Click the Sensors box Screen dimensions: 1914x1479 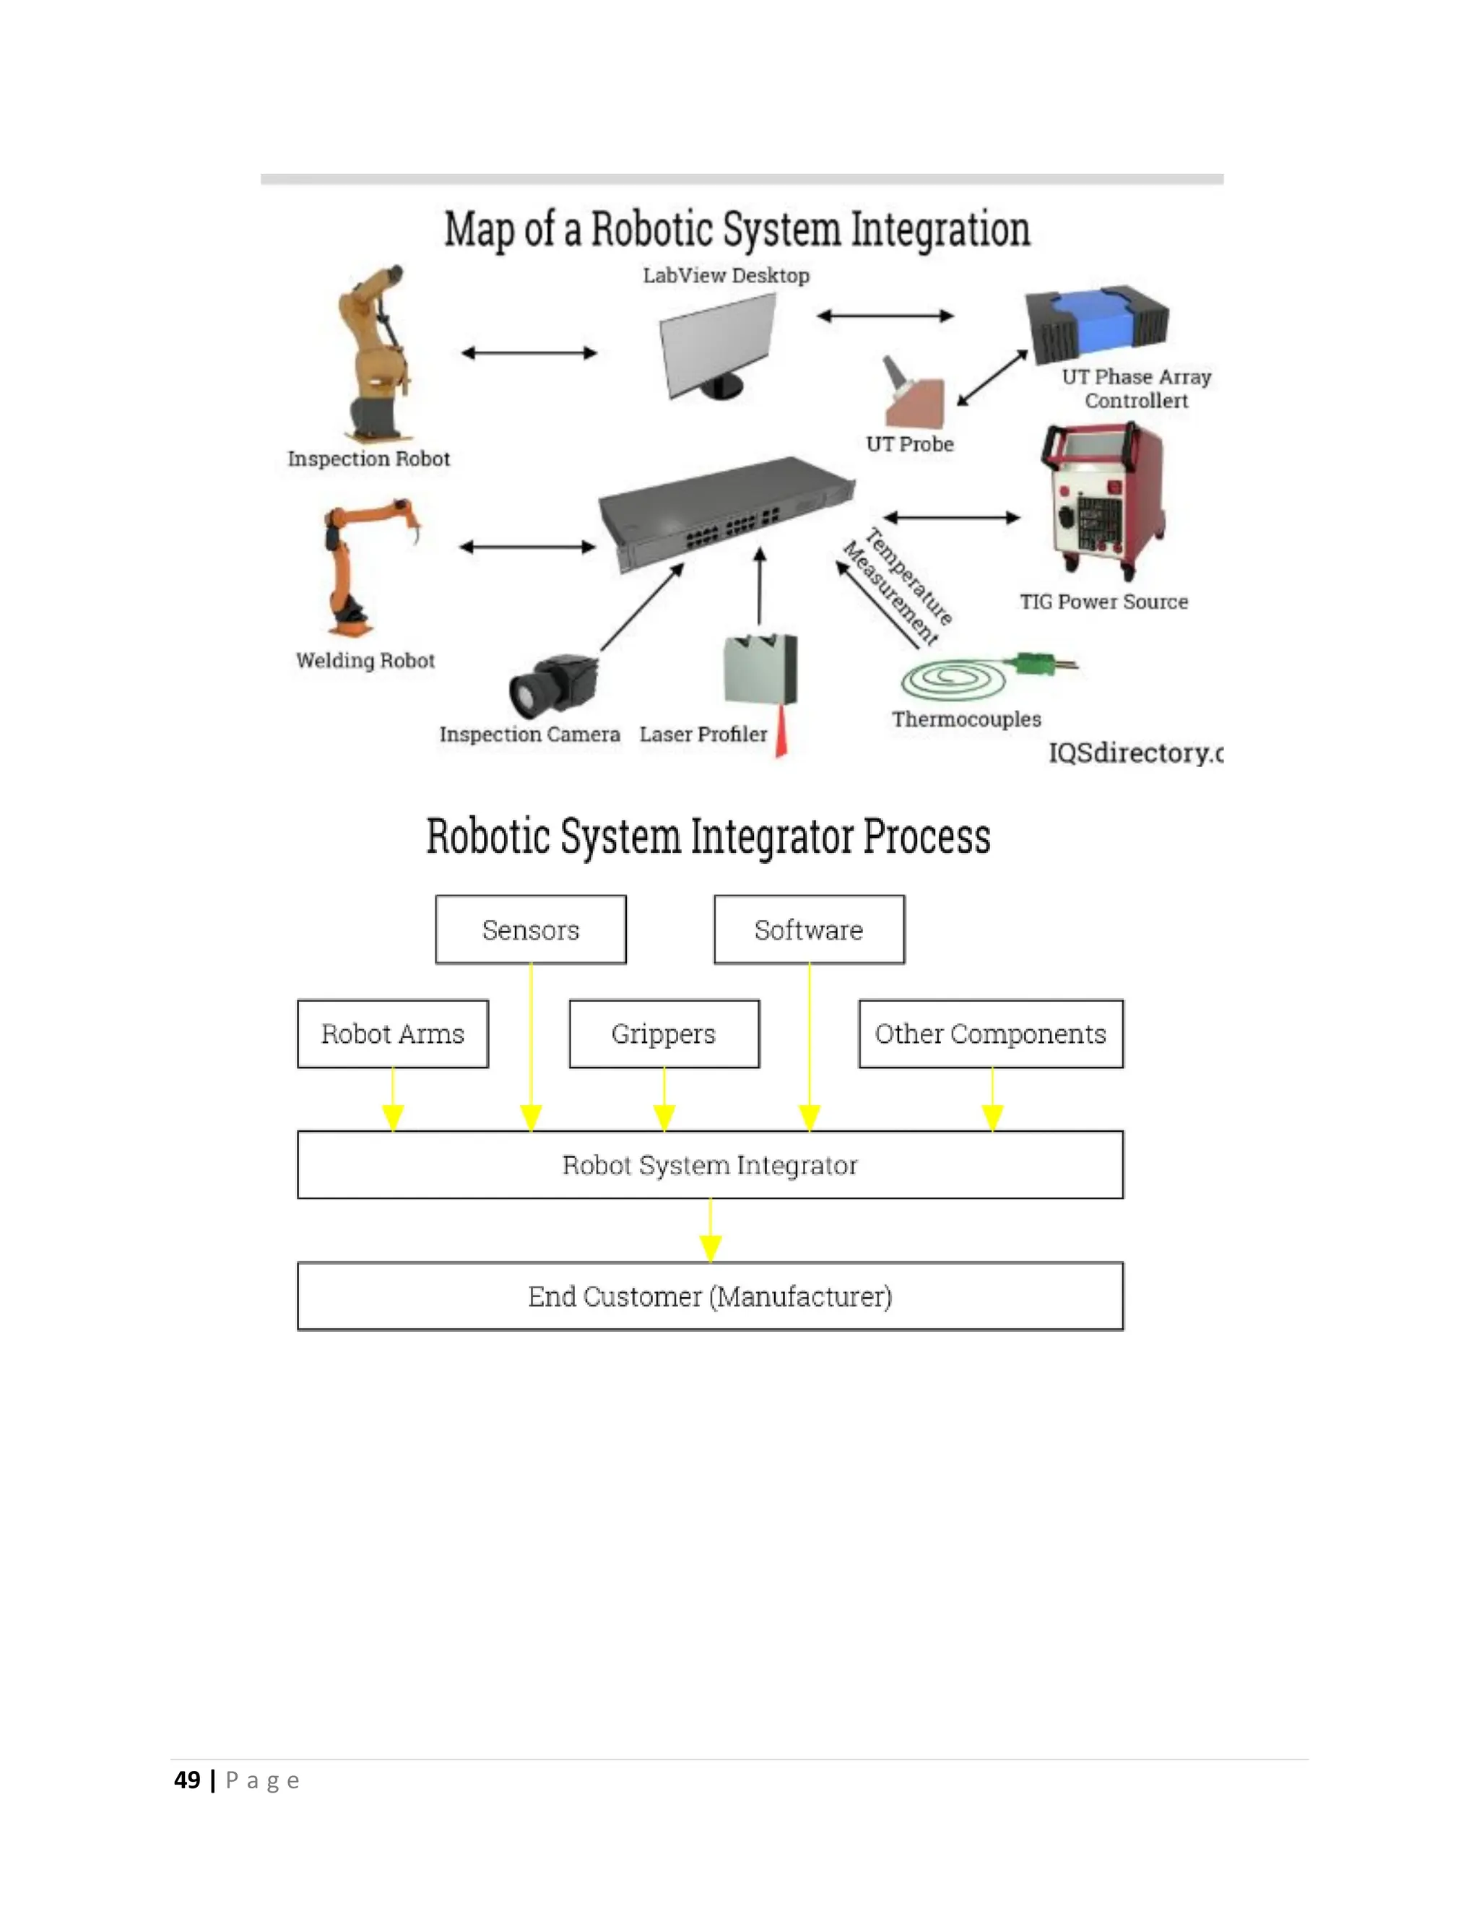coord(530,929)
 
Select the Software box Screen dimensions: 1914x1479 coord(809,929)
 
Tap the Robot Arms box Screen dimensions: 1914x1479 coord(393,1034)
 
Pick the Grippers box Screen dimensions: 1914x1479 coord(663,1034)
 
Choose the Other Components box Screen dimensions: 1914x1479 coord(990,1034)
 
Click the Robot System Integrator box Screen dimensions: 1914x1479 coord(710,1165)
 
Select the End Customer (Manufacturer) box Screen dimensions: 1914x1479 coord(710,1296)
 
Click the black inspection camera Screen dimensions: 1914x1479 coord(552,685)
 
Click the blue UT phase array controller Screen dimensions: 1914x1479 coord(1097,320)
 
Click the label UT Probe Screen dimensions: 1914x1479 coord(909,444)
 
